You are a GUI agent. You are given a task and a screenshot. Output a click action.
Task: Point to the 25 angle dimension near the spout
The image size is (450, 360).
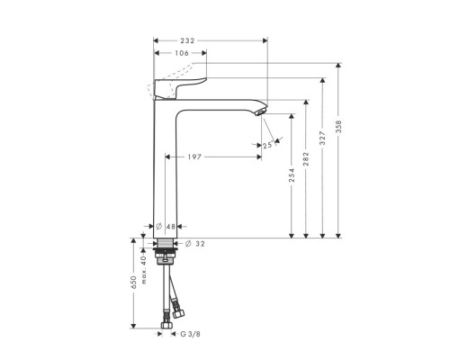[x=267, y=144]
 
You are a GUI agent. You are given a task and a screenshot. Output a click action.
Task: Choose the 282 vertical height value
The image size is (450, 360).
[x=307, y=161]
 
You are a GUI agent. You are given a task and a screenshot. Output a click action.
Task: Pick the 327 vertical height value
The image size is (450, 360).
[x=323, y=139]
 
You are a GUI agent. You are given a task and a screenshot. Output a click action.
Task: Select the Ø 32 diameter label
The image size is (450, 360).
[x=196, y=244]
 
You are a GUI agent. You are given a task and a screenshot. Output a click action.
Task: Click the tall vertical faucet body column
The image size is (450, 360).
[x=165, y=171]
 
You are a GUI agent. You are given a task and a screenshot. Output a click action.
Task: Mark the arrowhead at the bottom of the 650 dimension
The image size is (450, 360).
[x=134, y=325]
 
